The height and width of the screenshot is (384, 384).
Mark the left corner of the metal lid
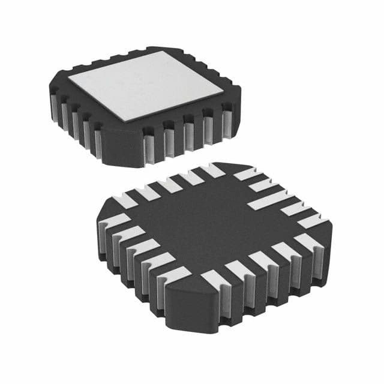[x=68, y=79]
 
